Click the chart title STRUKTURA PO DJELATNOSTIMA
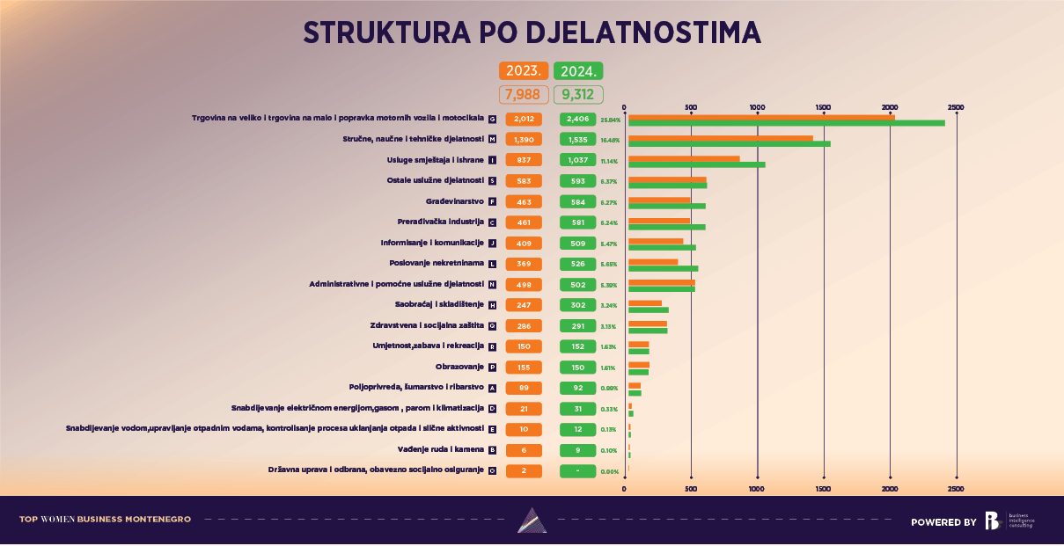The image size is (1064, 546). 532,32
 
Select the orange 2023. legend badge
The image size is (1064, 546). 525,71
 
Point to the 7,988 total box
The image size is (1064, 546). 524,94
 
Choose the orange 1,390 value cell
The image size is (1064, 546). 524,139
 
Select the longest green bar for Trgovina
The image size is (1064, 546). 786,122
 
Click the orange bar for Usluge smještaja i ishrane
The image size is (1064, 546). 684,158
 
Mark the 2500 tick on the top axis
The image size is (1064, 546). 957,107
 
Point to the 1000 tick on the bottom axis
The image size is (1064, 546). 757,488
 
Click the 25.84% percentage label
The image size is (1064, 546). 611,119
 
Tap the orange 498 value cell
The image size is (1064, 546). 524,284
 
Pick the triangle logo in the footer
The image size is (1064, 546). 532,521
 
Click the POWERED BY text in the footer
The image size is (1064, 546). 943,522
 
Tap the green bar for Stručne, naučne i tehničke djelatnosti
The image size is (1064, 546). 729,143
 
